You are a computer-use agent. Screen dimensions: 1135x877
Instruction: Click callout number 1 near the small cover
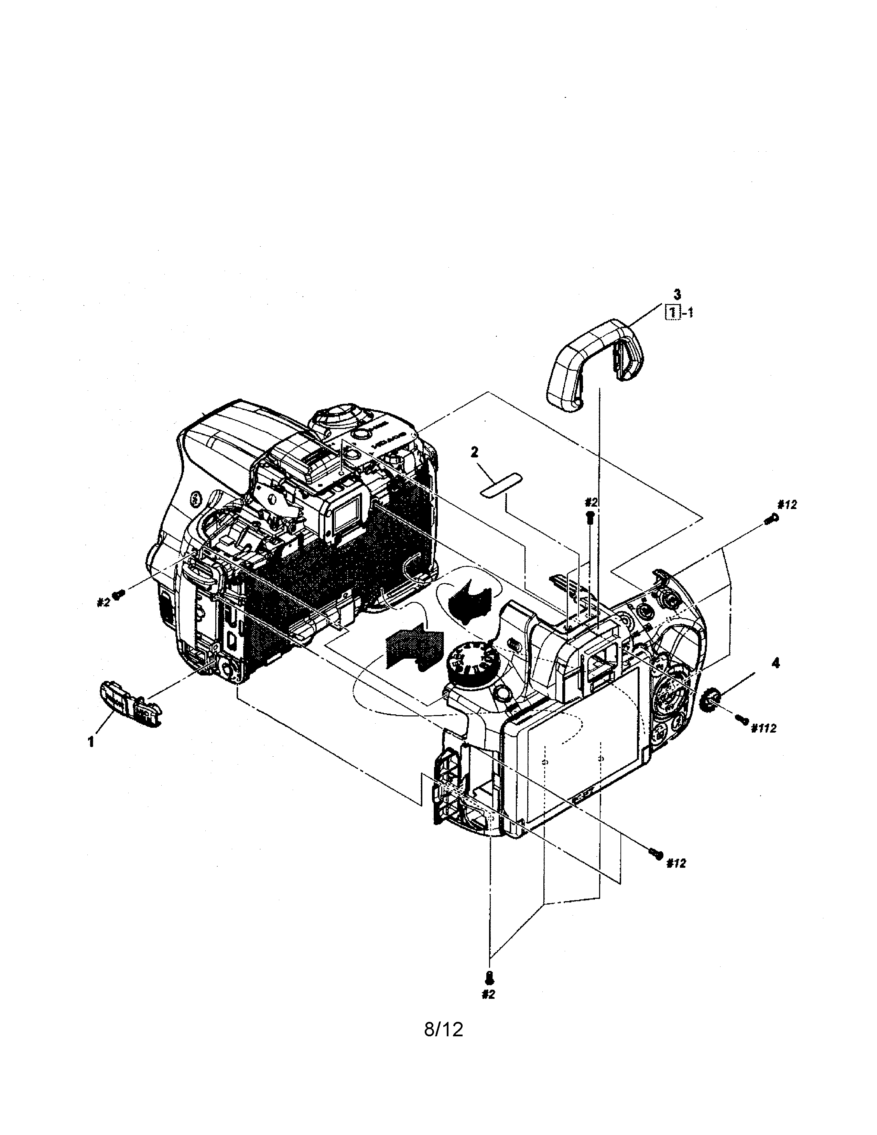coord(91,742)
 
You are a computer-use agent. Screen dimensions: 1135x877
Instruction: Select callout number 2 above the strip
coord(474,452)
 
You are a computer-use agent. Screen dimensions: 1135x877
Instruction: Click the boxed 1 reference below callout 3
coord(673,313)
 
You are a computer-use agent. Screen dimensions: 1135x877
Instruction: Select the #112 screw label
coord(763,728)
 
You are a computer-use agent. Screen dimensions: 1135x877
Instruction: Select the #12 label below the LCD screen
coord(676,863)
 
